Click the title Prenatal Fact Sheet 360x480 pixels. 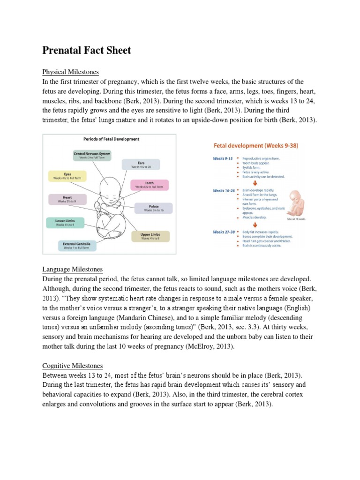point(87,51)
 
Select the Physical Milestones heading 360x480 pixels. point(70,72)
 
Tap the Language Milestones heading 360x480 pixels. point(72,269)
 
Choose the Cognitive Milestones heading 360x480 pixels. point(73,366)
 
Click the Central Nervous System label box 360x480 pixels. point(92,156)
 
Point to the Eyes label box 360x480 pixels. point(67,176)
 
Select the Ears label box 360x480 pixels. point(141,164)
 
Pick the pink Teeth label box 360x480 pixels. point(149,185)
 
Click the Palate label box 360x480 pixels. point(153,208)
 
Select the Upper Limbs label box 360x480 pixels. point(150,236)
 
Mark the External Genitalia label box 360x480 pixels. point(77,245)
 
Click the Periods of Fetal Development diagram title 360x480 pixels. point(111,139)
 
